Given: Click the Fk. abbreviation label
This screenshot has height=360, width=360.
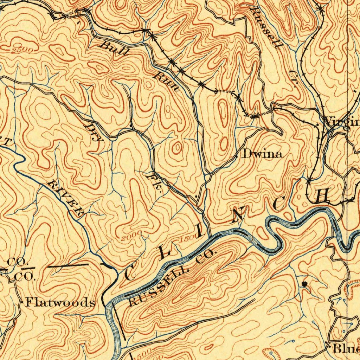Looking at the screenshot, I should click(x=155, y=183).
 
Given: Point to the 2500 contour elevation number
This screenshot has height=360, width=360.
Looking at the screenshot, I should click(x=22, y=51).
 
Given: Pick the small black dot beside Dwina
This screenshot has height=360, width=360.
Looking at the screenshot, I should click(x=236, y=154).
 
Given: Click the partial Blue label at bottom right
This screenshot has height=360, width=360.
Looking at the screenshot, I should click(x=346, y=349).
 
